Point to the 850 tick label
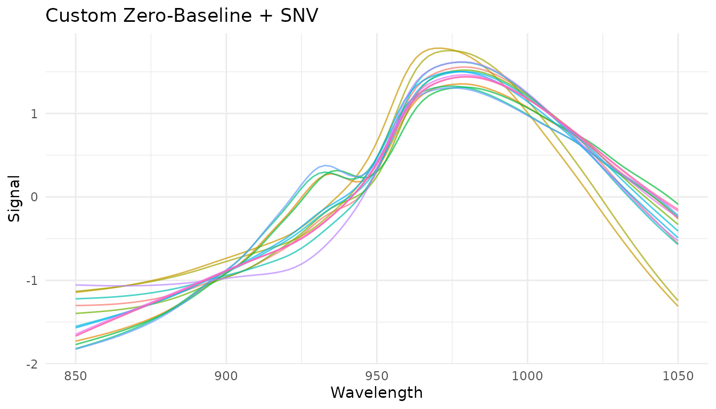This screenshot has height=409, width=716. tap(76, 377)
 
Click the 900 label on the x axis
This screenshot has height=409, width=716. tap(226, 377)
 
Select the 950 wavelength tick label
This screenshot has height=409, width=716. tap(377, 377)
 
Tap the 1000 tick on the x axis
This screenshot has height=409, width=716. tap(527, 377)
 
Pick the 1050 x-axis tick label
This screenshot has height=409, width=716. tap(678, 377)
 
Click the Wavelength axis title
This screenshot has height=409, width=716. tap(377, 393)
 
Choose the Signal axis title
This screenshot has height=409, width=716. tap(14, 198)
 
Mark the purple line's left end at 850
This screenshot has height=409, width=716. tap(76, 285)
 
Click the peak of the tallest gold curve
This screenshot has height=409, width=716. tap(437, 48)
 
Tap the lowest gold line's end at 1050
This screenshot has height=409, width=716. tap(678, 306)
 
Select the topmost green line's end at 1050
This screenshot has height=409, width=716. tap(678, 204)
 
